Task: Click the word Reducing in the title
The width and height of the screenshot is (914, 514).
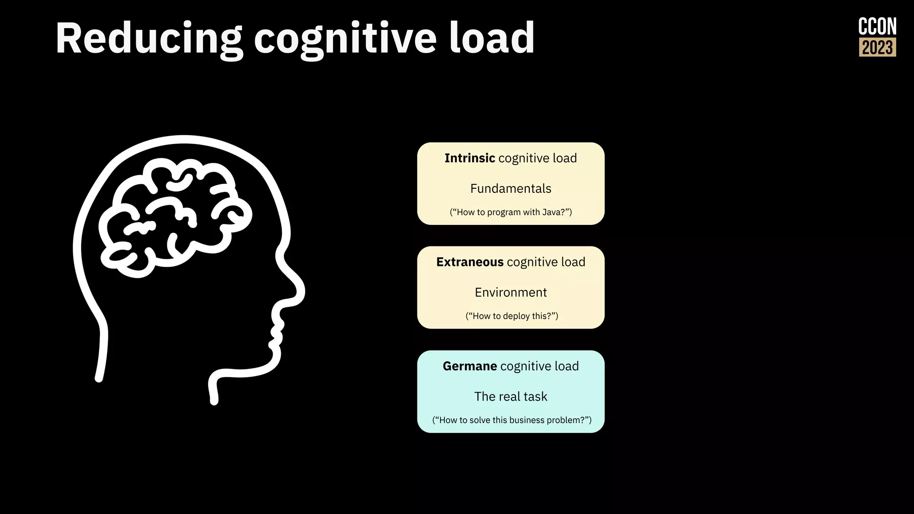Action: pyautogui.click(x=149, y=39)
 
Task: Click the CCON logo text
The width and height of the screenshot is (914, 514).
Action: pyautogui.click(x=877, y=27)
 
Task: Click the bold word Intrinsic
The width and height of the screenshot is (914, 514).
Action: pyautogui.click(x=469, y=158)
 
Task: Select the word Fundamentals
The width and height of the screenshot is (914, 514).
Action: pyautogui.click(x=511, y=189)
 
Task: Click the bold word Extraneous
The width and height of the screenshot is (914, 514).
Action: pyautogui.click(x=469, y=262)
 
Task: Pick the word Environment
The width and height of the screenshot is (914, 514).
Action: pyautogui.click(x=511, y=293)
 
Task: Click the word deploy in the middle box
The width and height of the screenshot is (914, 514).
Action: pyautogui.click(x=516, y=316)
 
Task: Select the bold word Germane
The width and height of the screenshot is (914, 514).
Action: pyautogui.click(x=469, y=366)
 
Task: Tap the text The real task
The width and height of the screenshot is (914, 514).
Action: pyautogui.click(x=511, y=397)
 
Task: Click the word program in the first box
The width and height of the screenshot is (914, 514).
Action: pyautogui.click(x=504, y=212)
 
